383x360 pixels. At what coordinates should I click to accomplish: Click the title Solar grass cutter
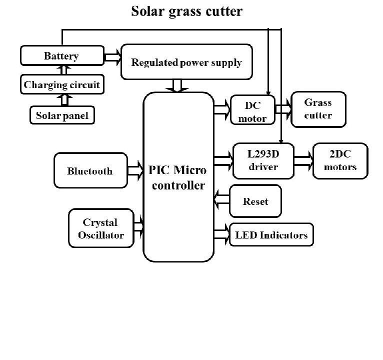tap(186, 11)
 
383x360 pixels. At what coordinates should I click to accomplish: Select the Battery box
tap(61, 55)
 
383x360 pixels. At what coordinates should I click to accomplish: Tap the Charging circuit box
tap(62, 84)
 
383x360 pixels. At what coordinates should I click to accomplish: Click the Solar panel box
tap(62, 115)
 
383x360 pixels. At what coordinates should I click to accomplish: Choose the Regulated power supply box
tap(186, 62)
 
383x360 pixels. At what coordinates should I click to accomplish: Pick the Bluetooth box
tap(90, 171)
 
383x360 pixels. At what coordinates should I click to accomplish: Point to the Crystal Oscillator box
tap(100, 228)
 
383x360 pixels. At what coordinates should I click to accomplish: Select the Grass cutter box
tap(318, 109)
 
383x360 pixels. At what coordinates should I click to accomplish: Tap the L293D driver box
tap(263, 160)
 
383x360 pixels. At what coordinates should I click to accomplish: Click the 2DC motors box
tap(340, 160)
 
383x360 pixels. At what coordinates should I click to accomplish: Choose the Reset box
tap(255, 201)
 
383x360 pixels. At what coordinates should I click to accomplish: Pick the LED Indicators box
tap(271, 234)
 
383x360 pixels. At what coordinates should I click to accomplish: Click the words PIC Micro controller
tap(177, 177)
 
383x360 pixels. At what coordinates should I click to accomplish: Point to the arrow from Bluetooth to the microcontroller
tap(134, 171)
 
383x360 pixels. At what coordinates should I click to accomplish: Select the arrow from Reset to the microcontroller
tap(221, 200)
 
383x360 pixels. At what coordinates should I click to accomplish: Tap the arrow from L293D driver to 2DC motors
tap(303, 160)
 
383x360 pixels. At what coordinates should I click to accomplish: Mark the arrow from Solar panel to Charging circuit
tap(63, 99)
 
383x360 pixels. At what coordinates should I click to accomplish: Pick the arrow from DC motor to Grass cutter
tap(283, 108)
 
